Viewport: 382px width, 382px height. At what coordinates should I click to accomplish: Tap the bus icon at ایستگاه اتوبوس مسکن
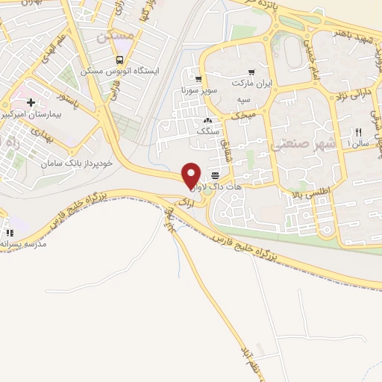point(119,60)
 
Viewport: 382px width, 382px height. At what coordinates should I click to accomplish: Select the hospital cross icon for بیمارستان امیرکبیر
point(31,102)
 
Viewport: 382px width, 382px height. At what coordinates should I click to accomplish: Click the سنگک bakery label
point(207,131)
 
